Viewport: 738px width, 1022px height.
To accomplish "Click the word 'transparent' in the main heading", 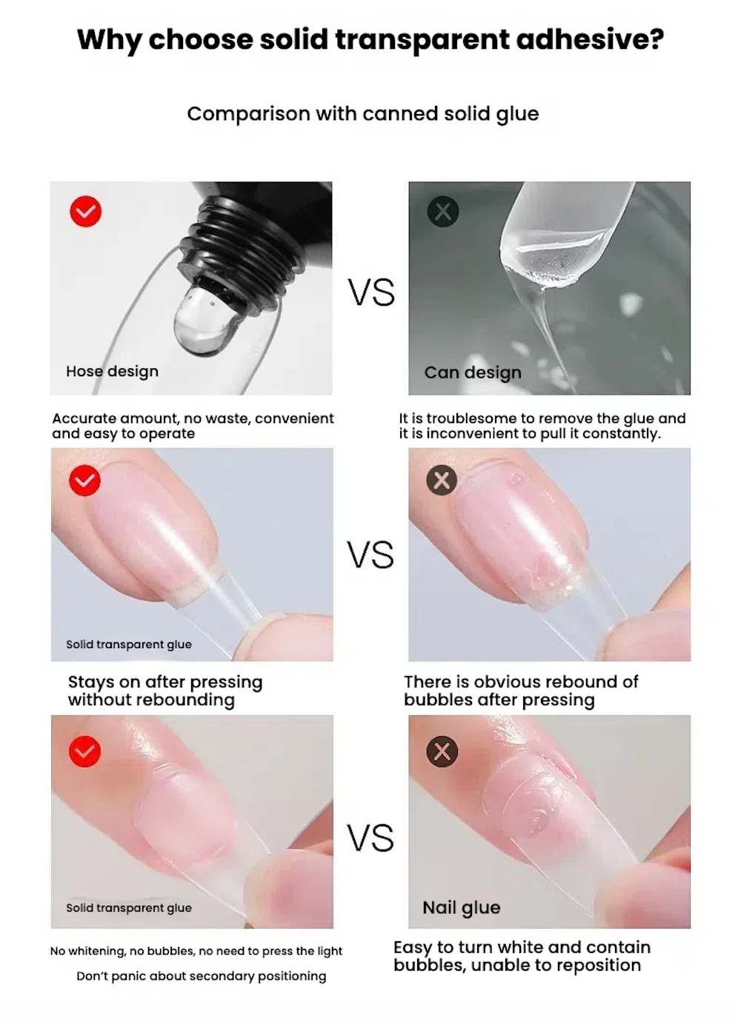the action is coord(422,40).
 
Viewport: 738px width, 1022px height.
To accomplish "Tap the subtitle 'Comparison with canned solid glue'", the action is coord(363,114).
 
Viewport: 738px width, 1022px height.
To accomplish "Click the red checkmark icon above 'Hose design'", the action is coord(86,211).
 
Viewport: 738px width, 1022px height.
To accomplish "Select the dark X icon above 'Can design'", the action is coord(442,211).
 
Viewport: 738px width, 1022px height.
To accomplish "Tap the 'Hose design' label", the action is coord(113,371).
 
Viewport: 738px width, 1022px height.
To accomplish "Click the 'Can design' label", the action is coord(473,373).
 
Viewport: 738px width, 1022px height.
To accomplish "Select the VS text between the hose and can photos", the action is coord(371,293).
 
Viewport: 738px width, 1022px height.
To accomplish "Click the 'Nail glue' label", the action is coord(462,908).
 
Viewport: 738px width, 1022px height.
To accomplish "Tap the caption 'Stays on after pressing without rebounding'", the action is coord(165,691).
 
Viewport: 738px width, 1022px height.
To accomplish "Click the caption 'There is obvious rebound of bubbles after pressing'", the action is coord(521,691).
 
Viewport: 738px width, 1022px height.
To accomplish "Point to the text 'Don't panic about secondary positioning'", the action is coord(202,976).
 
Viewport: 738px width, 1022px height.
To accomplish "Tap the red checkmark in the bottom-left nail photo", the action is coord(85,752).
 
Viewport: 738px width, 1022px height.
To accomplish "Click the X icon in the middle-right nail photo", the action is coord(442,480).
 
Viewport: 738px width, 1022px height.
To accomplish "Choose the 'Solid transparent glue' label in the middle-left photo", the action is coord(129,645).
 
